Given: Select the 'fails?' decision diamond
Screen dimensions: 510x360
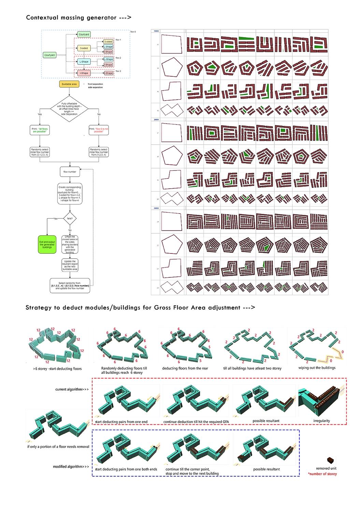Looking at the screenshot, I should click(x=69, y=218).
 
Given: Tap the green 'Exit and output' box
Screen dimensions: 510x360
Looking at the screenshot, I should click(x=47, y=244).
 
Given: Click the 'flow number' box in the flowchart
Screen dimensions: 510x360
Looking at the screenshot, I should click(x=70, y=172).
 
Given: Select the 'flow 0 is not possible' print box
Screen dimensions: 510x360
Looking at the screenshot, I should click(x=99, y=130).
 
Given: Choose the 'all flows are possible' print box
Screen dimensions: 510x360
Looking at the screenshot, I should click(x=40, y=130).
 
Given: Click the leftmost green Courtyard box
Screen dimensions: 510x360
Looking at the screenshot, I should click(x=49, y=55).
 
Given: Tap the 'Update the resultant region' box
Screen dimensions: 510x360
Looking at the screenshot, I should click(x=70, y=265).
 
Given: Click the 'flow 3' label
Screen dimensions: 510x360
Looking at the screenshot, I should click(x=118, y=71).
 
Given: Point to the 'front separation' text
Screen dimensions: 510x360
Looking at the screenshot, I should click(x=95, y=84).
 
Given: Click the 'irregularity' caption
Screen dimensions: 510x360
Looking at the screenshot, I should click(x=321, y=421).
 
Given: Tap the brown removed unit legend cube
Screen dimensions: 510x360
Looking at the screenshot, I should click(x=330, y=460).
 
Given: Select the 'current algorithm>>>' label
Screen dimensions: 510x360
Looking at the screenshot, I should click(x=72, y=389).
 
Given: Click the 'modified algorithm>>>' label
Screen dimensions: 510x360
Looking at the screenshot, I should click(x=71, y=466).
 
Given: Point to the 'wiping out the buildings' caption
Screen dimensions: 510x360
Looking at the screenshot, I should click(x=317, y=367).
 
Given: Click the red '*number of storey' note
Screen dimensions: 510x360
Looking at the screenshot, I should click(x=322, y=474).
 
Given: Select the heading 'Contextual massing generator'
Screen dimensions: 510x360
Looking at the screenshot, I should click(x=78, y=18).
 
